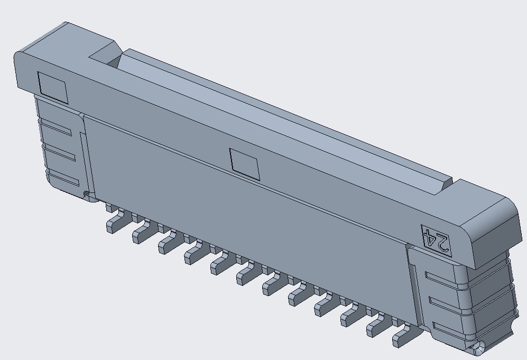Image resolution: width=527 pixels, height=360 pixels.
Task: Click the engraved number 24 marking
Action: coord(436,241)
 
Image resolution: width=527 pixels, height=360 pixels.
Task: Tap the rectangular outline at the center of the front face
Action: coord(245,164)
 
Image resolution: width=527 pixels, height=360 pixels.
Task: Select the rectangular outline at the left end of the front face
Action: coord(53,88)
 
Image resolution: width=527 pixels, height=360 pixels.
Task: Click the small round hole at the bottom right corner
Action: coord(478,348)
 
